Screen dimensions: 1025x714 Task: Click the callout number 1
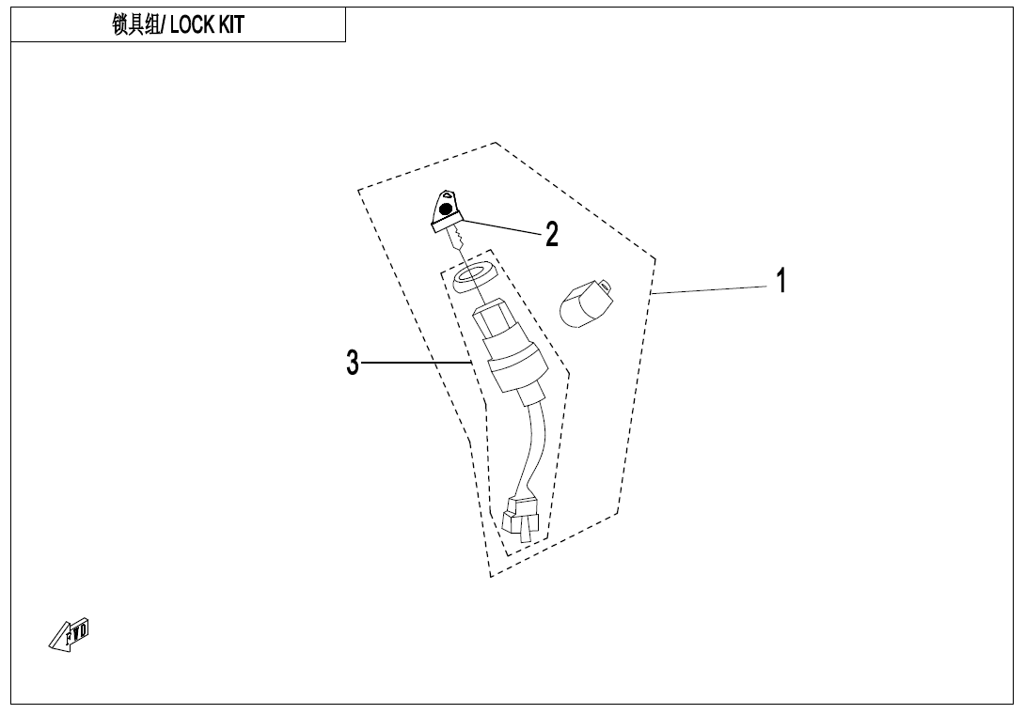(781, 281)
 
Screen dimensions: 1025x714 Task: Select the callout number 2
(552, 235)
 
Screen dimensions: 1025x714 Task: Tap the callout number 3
(353, 363)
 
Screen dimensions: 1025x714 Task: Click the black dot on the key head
(446, 210)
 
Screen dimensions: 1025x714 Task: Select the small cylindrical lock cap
(587, 303)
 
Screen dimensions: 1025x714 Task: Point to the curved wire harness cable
(535, 451)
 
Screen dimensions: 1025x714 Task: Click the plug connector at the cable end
(521, 519)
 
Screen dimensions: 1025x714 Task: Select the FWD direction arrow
(70, 634)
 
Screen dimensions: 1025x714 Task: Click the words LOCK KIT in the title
(207, 24)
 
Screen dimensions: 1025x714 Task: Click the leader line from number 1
(709, 290)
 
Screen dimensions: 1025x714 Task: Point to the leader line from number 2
(498, 226)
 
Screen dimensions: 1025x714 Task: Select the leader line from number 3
(417, 363)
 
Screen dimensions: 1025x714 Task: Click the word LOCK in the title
(192, 24)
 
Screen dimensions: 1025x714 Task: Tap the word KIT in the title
(231, 24)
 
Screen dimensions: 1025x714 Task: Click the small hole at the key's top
(447, 194)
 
